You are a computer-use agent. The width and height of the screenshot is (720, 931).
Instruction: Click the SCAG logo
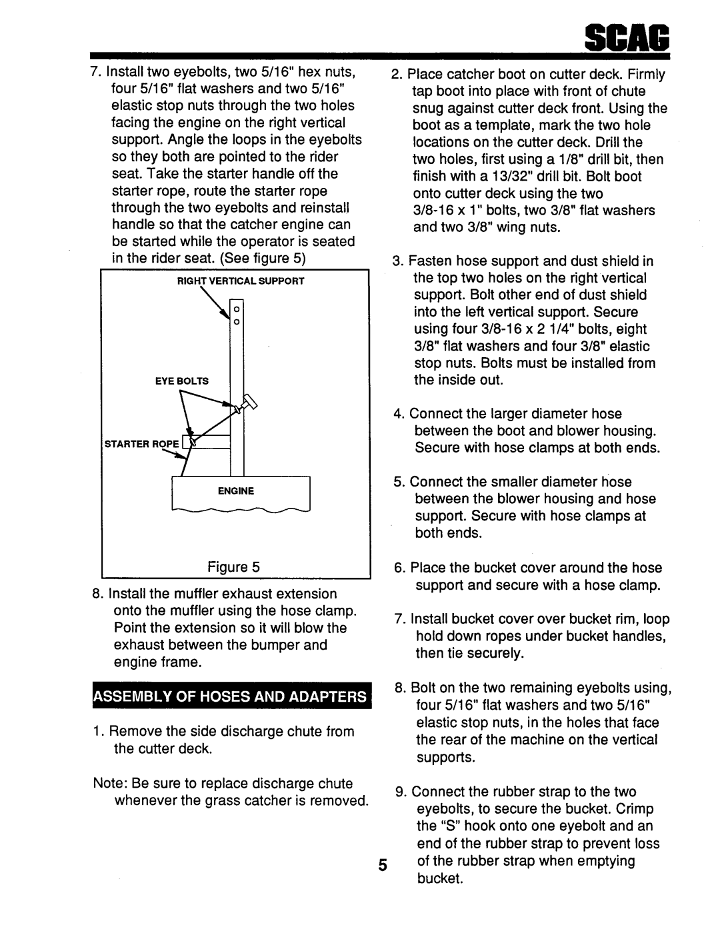[627, 38]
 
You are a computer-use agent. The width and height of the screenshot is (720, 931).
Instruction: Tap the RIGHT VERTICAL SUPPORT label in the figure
[241, 281]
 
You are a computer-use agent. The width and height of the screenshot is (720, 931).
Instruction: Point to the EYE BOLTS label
[182, 381]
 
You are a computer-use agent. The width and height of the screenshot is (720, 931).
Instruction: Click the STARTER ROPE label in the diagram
[142, 444]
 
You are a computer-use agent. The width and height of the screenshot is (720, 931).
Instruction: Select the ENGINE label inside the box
[236, 491]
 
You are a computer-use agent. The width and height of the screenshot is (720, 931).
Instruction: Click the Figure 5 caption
[233, 567]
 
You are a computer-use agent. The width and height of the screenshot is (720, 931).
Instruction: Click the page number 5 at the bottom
[382, 865]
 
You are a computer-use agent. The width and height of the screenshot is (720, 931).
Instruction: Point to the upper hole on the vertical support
[237, 309]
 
